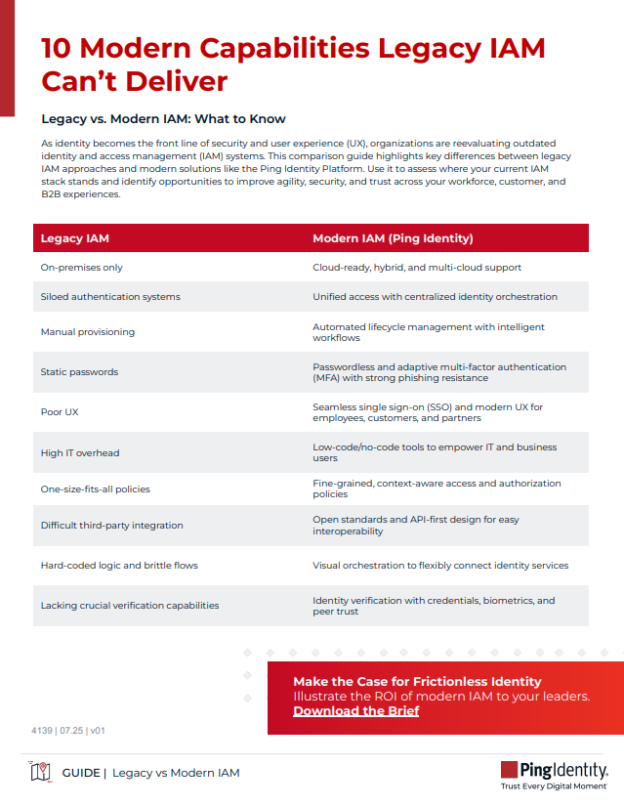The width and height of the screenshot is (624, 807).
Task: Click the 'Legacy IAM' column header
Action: click(x=74, y=238)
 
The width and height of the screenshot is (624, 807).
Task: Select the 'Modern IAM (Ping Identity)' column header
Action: click(x=393, y=238)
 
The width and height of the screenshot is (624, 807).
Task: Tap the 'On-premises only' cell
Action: click(x=81, y=267)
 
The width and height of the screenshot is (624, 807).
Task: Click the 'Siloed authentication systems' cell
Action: click(x=109, y=296)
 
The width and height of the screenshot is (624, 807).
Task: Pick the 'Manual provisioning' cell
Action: click(x=87, y=332)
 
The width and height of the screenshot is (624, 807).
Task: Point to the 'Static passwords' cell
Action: click(x=79, y=372)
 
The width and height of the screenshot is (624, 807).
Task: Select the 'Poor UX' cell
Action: click(x=60, y=412)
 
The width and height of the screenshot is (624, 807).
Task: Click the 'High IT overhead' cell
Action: click(x=80, y=452)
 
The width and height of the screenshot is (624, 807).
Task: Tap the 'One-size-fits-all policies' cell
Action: click(x=95, y=488)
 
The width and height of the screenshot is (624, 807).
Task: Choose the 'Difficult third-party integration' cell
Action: click(x=111, y=526)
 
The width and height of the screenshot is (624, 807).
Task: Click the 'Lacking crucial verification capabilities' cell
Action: click(x=130, y=606)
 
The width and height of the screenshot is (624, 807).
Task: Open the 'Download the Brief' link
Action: click(x=355, y=711)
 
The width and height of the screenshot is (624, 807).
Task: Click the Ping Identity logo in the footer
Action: click(x=554, y=770)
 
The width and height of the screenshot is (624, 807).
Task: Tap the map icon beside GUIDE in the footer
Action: click(x=41, y=773)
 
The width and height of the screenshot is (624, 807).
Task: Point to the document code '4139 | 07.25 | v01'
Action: click(x=68, y=730)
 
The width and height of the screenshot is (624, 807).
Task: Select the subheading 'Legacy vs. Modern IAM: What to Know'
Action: click(x=163, y=119)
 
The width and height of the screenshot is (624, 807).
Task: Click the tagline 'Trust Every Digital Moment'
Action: click(x=554, y=786)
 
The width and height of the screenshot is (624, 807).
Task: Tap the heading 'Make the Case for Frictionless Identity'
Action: click(x=417, y=681)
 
